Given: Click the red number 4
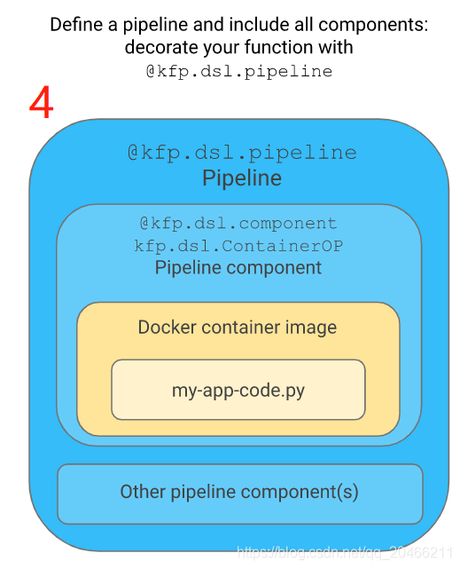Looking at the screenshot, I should pos(42,103).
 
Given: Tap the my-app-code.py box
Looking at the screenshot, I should pos(238,389).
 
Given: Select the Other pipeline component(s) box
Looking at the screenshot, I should pos(239,493).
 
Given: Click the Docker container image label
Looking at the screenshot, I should pos(238,328).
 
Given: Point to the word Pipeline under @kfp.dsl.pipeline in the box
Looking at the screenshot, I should pos(242,178).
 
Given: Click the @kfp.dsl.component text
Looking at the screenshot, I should pos(238,224).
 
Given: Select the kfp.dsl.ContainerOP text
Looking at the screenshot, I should pos(238,246).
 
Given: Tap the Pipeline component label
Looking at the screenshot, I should pos(238,267).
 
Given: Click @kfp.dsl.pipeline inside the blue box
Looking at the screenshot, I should pos(242,153).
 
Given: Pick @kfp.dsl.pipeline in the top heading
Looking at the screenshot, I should pos(238,72).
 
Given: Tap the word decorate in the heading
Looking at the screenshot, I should pos(161,48).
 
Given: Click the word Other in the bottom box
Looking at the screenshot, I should pos(142,492).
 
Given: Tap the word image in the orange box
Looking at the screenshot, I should pos(311,328).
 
